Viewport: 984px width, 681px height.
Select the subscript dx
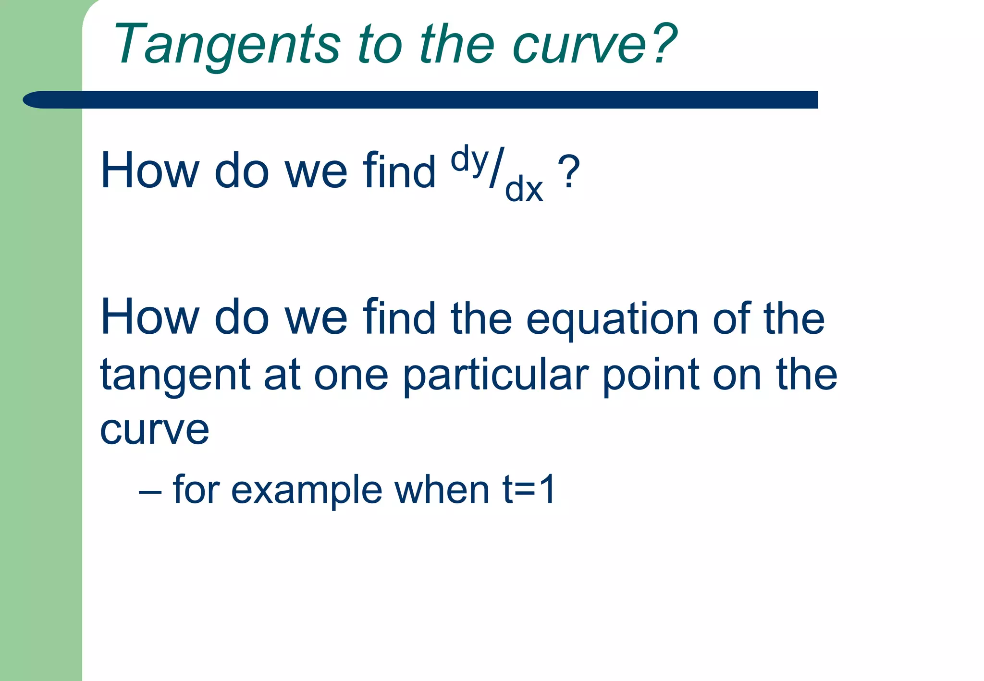tap(524, 189)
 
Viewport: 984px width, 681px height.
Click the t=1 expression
tap(529, 489)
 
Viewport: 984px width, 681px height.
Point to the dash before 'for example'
tap(149, 493)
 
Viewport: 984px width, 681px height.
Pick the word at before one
tap(282, 375)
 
